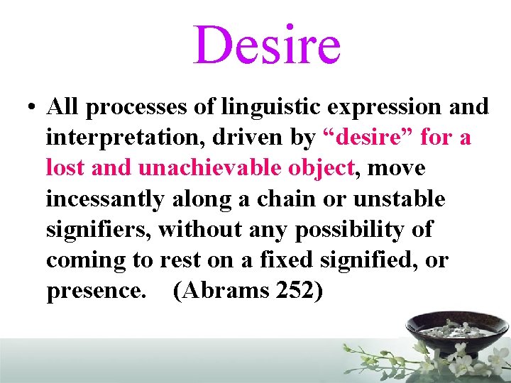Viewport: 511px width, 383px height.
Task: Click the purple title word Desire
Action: (x=267, y=44)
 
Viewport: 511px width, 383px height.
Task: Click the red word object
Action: (x=322, y=168)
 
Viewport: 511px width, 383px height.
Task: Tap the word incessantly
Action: (x=104, y=199)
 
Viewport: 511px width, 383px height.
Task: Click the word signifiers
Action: (x=98, y=230)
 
